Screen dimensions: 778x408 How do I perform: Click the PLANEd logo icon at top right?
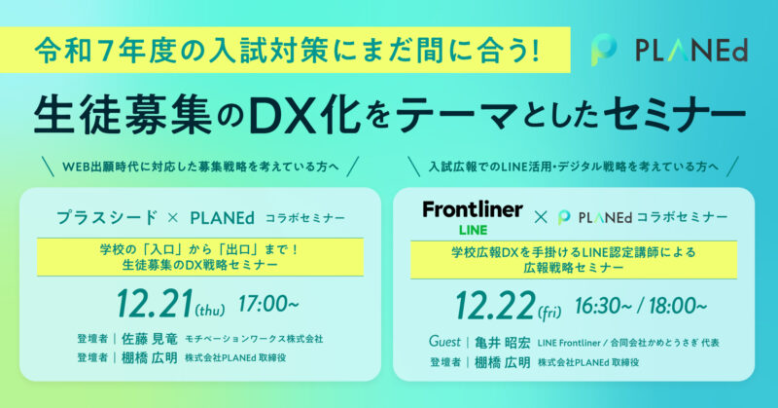[x=604, y=51]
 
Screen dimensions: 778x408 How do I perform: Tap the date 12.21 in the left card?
[x=155, y=304]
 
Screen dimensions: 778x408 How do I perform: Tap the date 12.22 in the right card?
[x=495, y=306]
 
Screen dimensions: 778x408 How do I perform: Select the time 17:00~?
[x=268, y=304]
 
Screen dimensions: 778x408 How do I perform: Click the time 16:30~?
[x=602, y=306]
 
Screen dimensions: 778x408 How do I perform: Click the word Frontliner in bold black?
[x=473, y=209]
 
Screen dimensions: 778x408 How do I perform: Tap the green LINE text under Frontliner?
[x=473, y=230]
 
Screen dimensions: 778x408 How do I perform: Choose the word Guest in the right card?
[x=444, y=342]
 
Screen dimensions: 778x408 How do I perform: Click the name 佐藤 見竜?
[x=150, y=339]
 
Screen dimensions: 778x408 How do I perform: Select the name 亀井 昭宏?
[x=502, y=343]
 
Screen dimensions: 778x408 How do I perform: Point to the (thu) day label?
[x=210, y=311]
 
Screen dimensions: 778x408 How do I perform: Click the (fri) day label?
[x=549, y=313]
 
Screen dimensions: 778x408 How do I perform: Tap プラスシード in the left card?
[x=107, y=218]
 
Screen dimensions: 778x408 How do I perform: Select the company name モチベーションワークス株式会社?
[x=254, y=339]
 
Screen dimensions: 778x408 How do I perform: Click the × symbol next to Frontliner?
[x=541, y=218]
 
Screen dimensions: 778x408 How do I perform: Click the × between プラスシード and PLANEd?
[x=173, y=218]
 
